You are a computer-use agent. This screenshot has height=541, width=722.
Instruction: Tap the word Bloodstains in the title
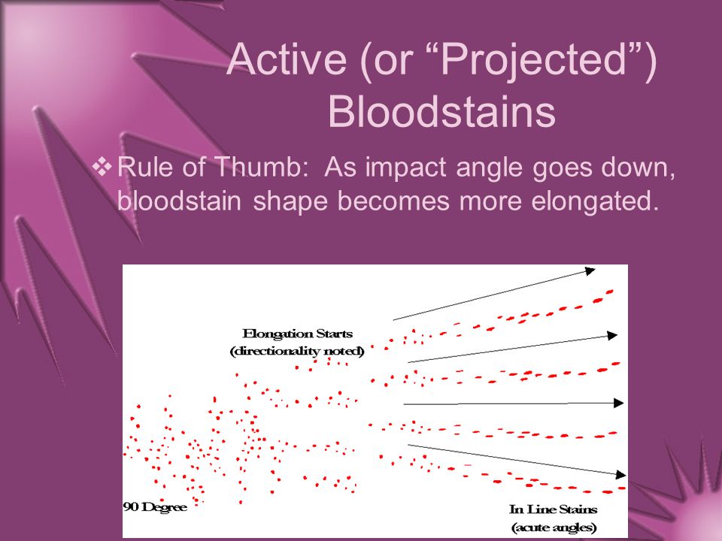tap(441, 112)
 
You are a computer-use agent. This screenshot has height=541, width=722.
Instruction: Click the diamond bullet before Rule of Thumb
tap(102, 167)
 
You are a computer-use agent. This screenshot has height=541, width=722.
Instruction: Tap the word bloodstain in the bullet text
tap(179, 201)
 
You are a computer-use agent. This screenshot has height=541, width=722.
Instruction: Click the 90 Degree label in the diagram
tap(155, 507)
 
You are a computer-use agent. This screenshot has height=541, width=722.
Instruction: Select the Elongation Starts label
tap(298, 334)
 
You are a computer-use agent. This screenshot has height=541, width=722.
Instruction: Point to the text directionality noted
tap(297, 352)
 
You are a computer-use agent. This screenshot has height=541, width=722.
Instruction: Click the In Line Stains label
tap(553, 509)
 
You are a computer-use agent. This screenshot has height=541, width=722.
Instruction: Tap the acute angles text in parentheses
tap(554, 527)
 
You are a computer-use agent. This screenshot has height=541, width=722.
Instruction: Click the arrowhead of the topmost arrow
tap(590, 271)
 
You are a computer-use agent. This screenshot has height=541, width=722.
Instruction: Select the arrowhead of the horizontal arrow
tap(619, 403)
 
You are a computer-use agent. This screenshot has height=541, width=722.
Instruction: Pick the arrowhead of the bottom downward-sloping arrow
tap(621, 474)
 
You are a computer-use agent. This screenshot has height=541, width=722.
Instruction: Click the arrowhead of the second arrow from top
tap(612, 335)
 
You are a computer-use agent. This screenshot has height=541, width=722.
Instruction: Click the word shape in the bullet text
tap(290, 202)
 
